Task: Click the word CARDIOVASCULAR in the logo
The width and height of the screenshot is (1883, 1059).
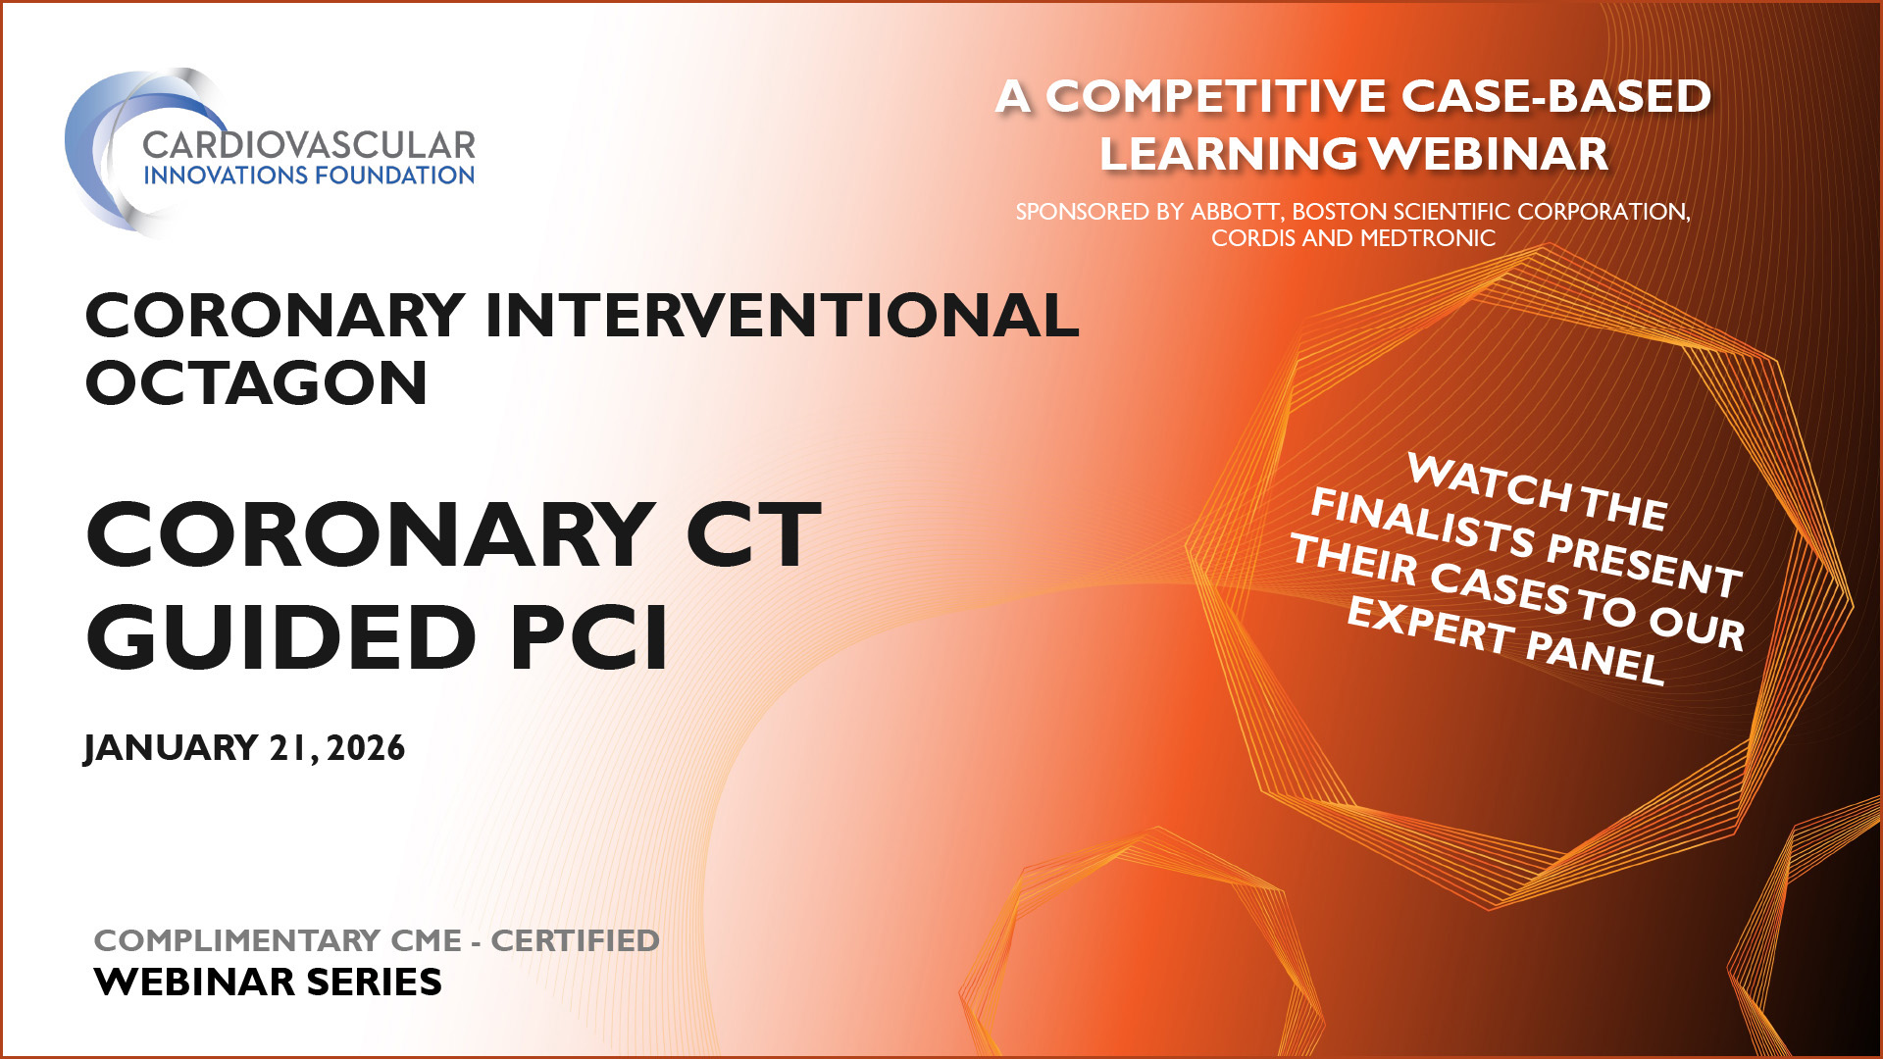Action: coord(309,145)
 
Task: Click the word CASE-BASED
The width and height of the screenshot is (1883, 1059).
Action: coord(1556,96)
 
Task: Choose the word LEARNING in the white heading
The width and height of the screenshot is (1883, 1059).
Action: coord(1228,154)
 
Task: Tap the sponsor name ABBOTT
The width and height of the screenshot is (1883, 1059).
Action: coord(1235,212)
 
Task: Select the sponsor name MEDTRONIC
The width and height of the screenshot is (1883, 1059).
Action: coord(1427,238)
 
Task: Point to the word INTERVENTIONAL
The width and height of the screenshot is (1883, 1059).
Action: coord(782,316)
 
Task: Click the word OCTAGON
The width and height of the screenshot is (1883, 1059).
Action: coord(257,382)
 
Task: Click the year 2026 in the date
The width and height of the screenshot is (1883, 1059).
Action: coord(366,748)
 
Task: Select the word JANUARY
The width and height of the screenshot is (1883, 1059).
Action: coord(171,748)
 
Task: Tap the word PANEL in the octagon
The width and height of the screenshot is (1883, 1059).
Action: coord(1595,657)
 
